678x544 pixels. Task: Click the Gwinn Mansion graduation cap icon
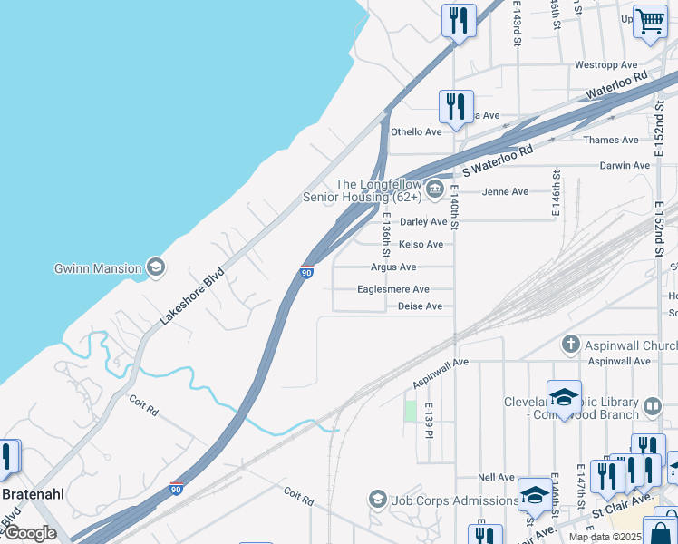click(156, 267)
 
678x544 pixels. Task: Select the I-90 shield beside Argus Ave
click(306, 272)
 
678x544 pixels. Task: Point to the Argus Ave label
click(393, 267)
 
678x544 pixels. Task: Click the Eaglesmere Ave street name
click(393, 289)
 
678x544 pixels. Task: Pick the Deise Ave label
click(421, 306)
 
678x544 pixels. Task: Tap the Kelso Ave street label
click(421, 244)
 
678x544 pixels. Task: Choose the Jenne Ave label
click(505, 191)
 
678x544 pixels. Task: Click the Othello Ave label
click(416, 131)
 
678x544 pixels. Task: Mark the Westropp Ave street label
click(606, 65)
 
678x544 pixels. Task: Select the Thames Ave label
click(611, 140)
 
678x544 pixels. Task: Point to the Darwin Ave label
click(625, 166)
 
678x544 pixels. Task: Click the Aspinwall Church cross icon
click(570, 345)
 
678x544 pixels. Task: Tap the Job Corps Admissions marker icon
click(377, 500)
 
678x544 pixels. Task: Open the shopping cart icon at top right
click(650, 20)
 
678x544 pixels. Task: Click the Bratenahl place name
click(32, 494)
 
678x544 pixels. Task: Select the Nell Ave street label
click(497, 477)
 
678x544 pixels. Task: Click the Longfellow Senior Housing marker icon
click(435, 189)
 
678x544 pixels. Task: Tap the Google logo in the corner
click(29, 533)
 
